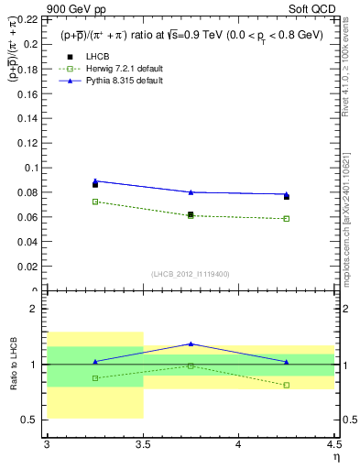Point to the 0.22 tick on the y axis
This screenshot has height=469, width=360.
30,18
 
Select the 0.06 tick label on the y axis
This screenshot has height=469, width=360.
30,217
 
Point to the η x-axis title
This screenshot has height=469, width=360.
336,456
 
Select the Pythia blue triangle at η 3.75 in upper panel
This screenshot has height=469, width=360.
191,192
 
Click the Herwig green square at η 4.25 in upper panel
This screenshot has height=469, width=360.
287,219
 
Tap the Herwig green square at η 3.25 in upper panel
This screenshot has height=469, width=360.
95,202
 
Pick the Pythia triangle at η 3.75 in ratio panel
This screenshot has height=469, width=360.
191,344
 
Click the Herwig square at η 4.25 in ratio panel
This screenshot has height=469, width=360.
287,385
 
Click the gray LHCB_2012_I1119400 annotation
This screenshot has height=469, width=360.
191,274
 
